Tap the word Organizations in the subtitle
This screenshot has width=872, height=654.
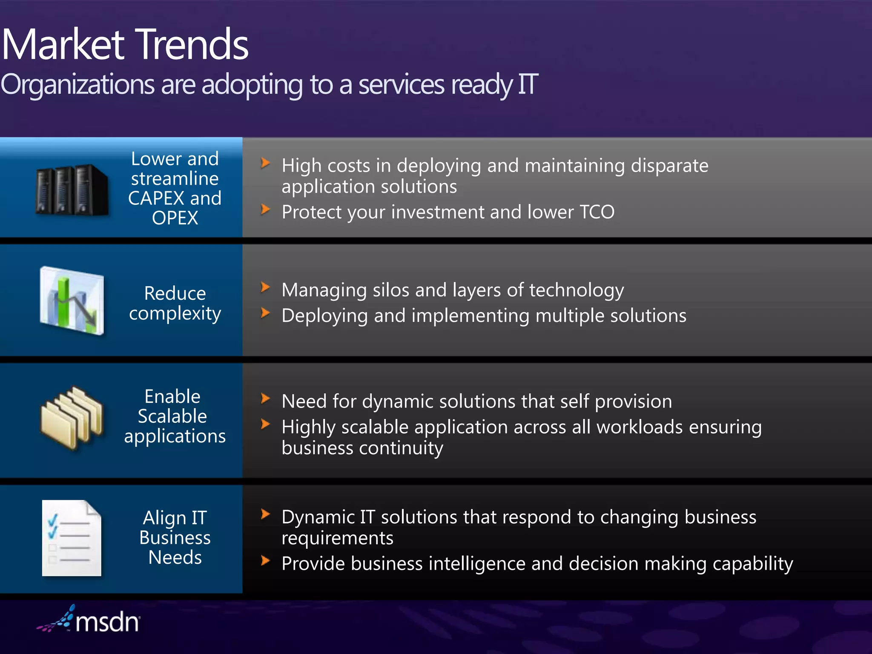(x=77, y=84)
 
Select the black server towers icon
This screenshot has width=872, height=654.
(x=72, y=189)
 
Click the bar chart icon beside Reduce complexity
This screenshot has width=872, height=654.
(x=72, y=301)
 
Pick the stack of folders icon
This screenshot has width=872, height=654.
(x=72, y=418)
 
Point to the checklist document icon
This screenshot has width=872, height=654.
(x=72, y=538)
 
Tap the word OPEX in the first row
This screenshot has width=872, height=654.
(x=175, y=218)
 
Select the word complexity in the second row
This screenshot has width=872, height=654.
(x=175, y=314)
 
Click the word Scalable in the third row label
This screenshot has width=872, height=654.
(x=172, y=416)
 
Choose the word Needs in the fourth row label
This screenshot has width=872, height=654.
(x=175, y=558)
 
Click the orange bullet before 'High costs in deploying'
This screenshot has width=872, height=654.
(x=265, y=163)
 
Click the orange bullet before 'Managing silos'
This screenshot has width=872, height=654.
(x=265, y=287)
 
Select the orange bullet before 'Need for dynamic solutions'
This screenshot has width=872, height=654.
(x=265, y=399)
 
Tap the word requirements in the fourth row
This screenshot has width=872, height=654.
(x=337, y=538)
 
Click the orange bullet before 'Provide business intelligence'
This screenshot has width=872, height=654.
(x=265, y=560)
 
